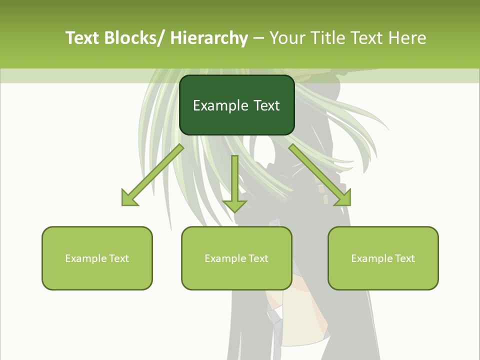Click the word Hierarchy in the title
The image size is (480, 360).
coord(209,38)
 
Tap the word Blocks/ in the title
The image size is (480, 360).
coord(135,38)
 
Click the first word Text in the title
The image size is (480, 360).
coord(83,38)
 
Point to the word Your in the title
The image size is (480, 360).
coord(287,38)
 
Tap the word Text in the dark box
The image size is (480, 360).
coord(266,105)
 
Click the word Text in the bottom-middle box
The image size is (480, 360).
coord(257,258)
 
